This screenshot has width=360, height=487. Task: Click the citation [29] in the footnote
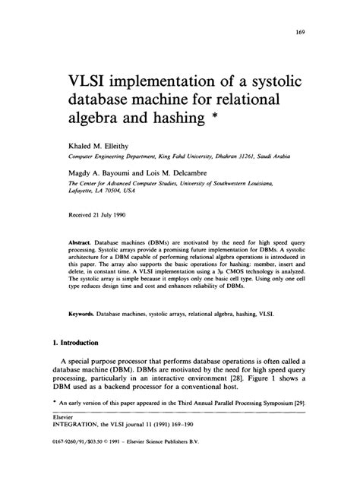pyautogui.click(x=302, y=420)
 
